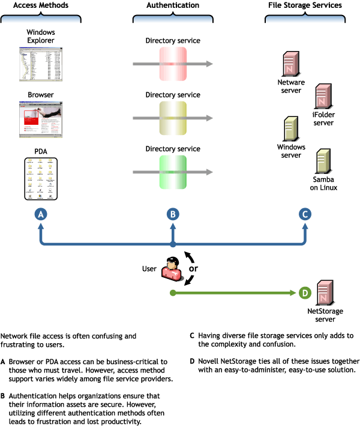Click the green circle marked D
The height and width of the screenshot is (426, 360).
pos(305,293)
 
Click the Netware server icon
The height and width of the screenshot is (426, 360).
pos(292,64)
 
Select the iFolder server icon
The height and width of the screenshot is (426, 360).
pos(323,95)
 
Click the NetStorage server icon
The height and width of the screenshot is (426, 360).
pos(325,292)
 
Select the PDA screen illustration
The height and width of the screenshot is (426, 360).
pos(41,178)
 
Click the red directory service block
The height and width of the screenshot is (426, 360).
pos(173,64)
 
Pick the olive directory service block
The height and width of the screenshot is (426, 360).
pos(173,118)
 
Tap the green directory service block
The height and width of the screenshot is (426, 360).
pos(173,172)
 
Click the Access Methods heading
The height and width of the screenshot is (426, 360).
pos(41,5)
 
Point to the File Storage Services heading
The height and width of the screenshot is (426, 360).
pos(305,5)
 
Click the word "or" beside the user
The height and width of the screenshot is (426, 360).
pos(194,268)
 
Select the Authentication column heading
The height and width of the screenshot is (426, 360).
pos(173,5)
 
